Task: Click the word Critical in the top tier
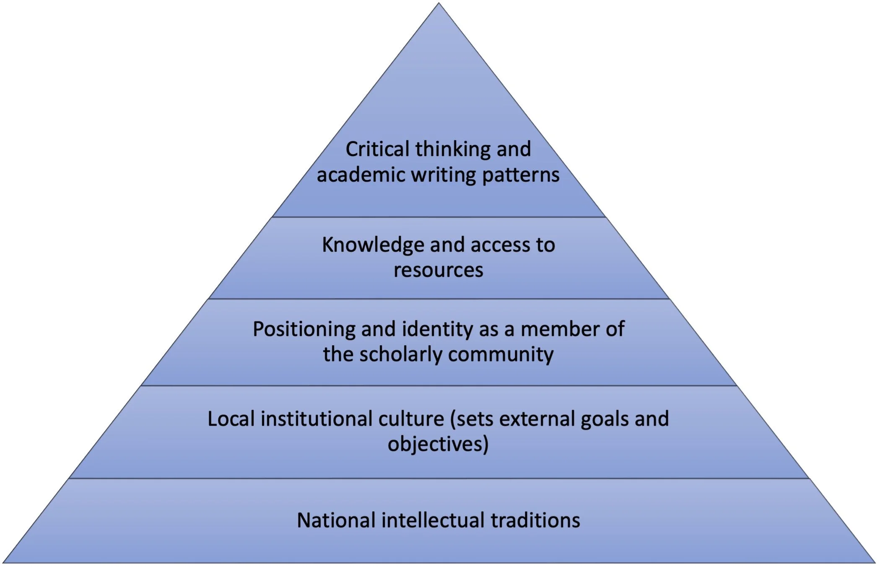point(377,149)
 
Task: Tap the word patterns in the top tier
point(521,175)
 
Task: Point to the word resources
point(438,270)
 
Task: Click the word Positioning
point(304,329)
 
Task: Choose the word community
point(501,354)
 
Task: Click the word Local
point(231,419)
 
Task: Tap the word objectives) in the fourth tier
point(438,445)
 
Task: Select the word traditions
point(535,520)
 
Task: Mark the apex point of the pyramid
point(439,4)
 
